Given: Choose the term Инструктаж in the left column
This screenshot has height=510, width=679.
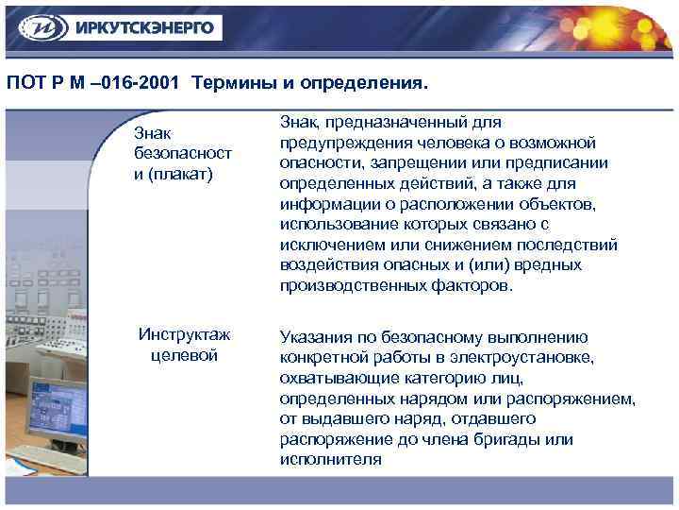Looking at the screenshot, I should tap(184, 334).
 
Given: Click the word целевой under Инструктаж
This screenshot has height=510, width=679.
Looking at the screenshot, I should tap(184, 355).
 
